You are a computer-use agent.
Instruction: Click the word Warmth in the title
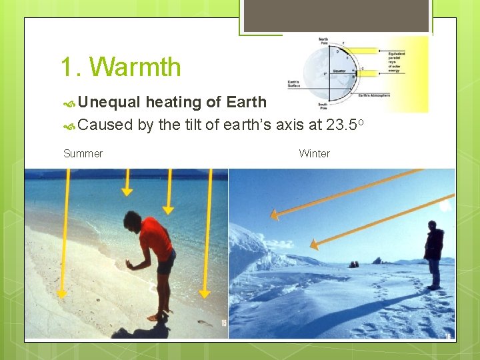pyautogui.click(x=135, y=67)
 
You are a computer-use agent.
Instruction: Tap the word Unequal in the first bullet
pyautogui.click(x=109, y=102)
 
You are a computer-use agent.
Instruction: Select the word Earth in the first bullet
pyautogui.click(x=246, y=102)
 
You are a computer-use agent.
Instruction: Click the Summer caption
pyautogui.click(x=83, y=154)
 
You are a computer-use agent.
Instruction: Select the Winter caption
pyautogui.click(x=314, y=154)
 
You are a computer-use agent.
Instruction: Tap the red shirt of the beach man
pyautogui.click(x=157, y=239)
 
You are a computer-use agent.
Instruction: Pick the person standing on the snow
pyautogui.click(x=433, y=253)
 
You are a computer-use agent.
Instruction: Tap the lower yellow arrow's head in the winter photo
pyautogui.click(x=314, y=246)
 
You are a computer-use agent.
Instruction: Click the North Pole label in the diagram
pyautogui.click(x=323, y=41)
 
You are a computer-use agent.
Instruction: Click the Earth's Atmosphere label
pyautogui.click(x=373, y=95)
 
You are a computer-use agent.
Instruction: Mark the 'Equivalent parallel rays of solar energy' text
pyautogui.click(x=403, y=58)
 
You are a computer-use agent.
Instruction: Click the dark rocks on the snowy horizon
pyautogui.click(x=354, y=265)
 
